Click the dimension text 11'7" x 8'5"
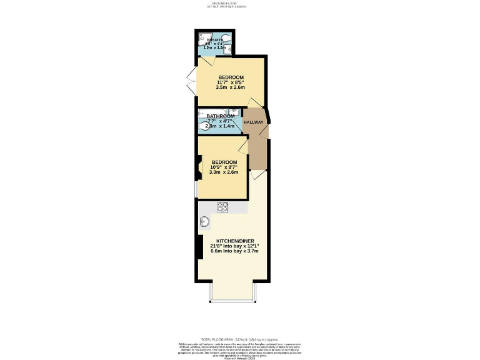pos(230,82)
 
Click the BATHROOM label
pos(221,116)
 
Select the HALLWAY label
pos(254,122)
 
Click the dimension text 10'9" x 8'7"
pos(224,167)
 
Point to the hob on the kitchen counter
pos(223,206)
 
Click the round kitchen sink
pos(206,221)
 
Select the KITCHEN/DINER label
pos(232,241)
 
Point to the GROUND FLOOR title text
pos(226,3)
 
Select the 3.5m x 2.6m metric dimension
pos(230,87)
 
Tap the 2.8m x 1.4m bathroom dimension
pos(221,126)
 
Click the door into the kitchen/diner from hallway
pos(256,176)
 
